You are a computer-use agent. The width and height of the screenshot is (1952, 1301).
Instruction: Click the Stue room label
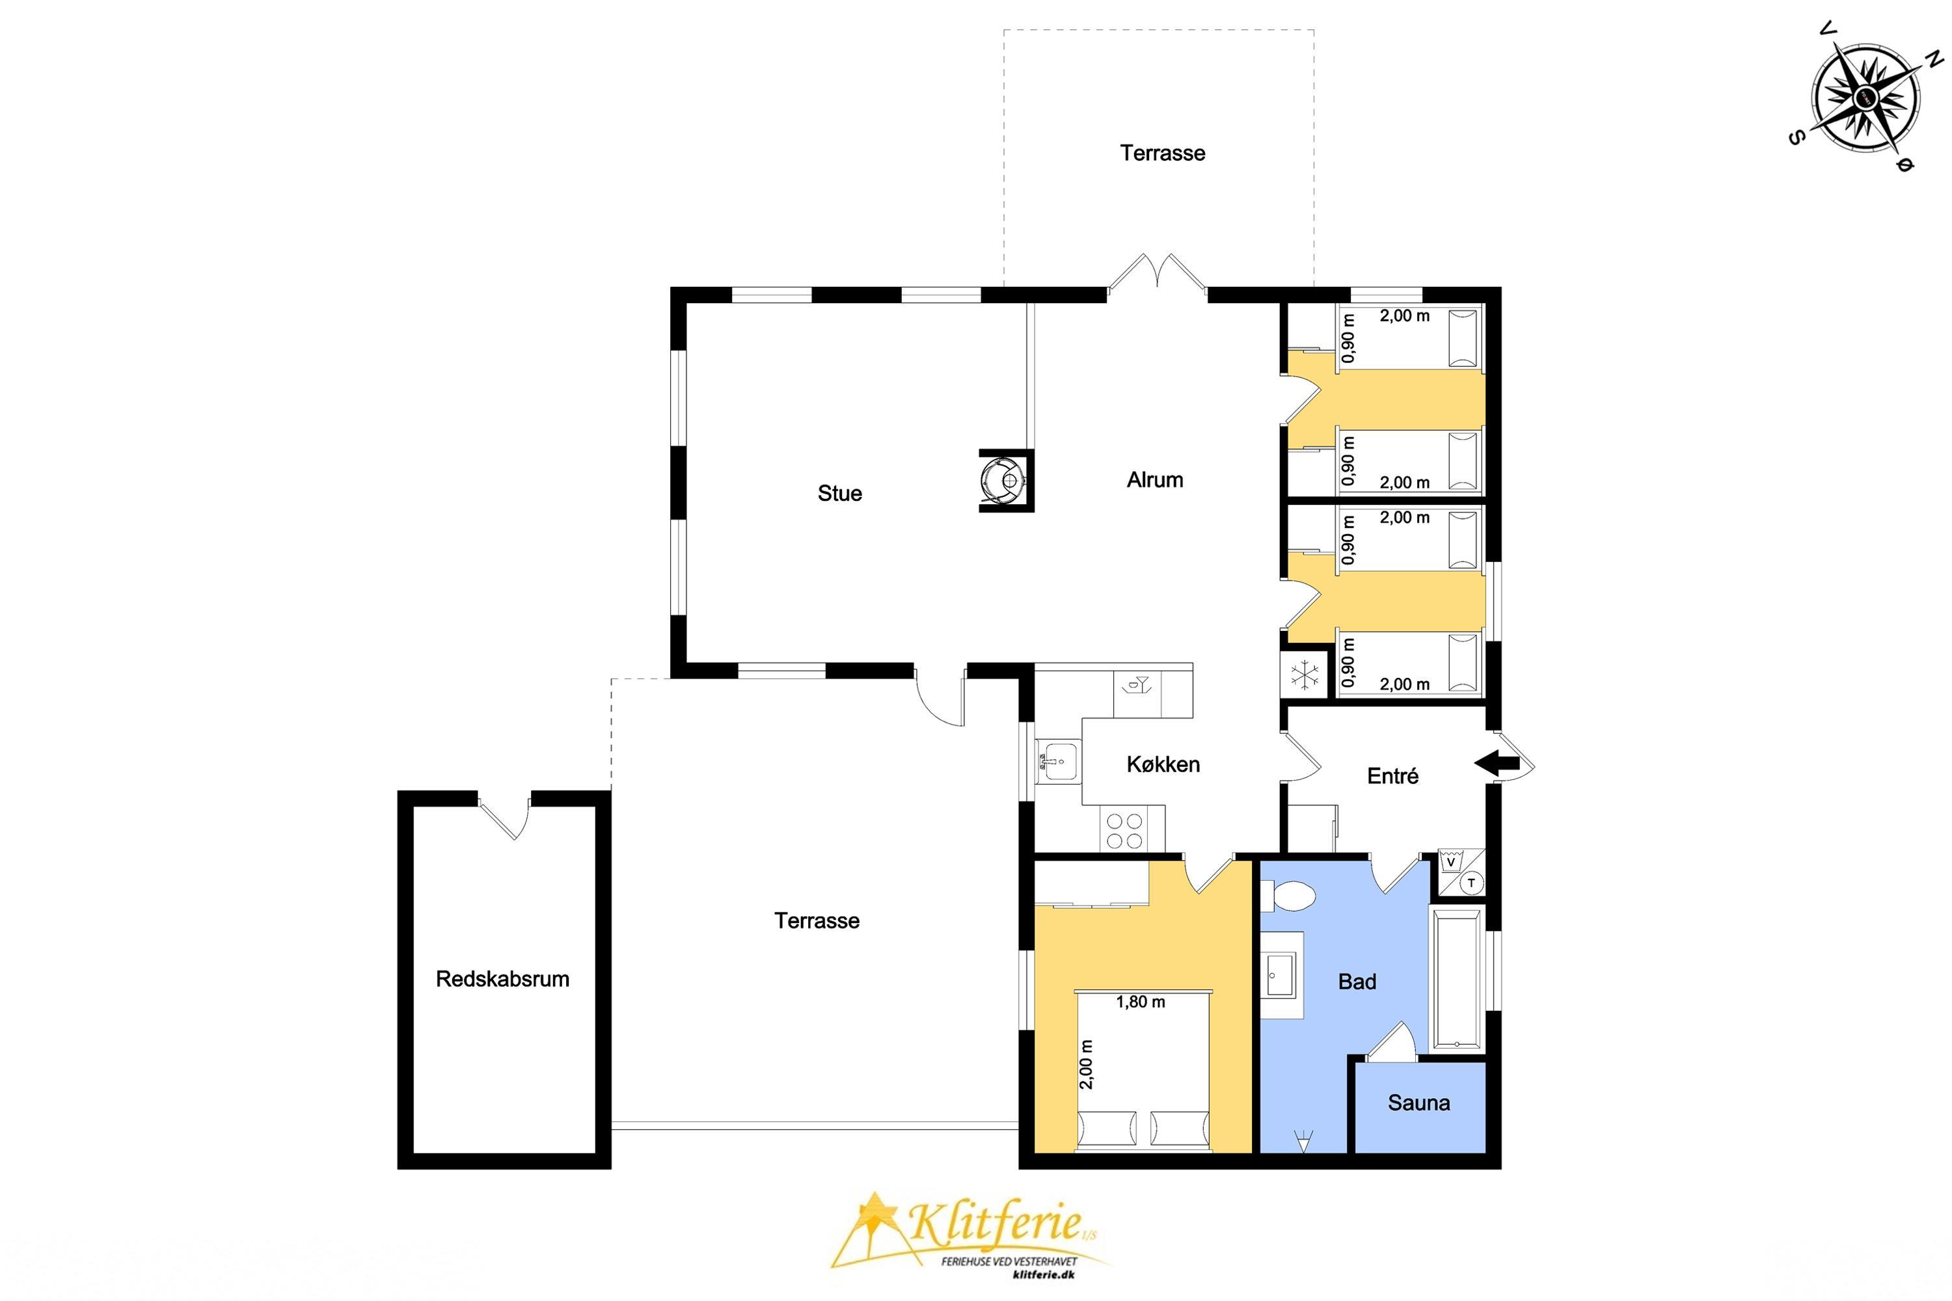coord(839,494)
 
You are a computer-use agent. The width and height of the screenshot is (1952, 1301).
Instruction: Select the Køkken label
coord(1163,764)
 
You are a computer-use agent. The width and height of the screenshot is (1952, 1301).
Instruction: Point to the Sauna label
coord(1418,1103)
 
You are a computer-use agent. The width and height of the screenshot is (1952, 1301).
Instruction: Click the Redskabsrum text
coord(502,979)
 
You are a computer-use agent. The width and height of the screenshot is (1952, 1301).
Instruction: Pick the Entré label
coord(1392,776)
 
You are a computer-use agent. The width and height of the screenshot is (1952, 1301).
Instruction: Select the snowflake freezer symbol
coord(1305,675)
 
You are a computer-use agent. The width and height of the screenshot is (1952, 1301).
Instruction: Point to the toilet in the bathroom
coord(1288,898)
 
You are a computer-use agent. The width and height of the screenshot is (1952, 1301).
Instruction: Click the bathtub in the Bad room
coord(1457,980)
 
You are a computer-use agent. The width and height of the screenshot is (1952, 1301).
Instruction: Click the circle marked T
coord(1471,883)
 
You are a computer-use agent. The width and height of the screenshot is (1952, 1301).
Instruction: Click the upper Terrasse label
coord(1162,153)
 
